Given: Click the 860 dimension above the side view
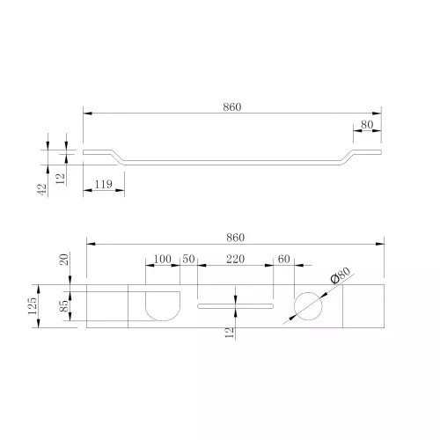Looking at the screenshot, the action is pos(232,107).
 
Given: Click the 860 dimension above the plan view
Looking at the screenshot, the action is pos(235,238).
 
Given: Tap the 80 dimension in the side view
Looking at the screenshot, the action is pos(367,125).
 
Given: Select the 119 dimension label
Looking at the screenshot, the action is pos(104,184).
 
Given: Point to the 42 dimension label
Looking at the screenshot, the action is pos(42,189).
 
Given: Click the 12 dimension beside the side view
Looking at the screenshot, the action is pos(60,179).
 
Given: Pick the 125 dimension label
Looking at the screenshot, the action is pos(33,306).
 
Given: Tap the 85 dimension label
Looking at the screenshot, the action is pos(63,306).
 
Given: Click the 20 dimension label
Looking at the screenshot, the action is pos(63,260).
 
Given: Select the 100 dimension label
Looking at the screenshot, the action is pos(163,259).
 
